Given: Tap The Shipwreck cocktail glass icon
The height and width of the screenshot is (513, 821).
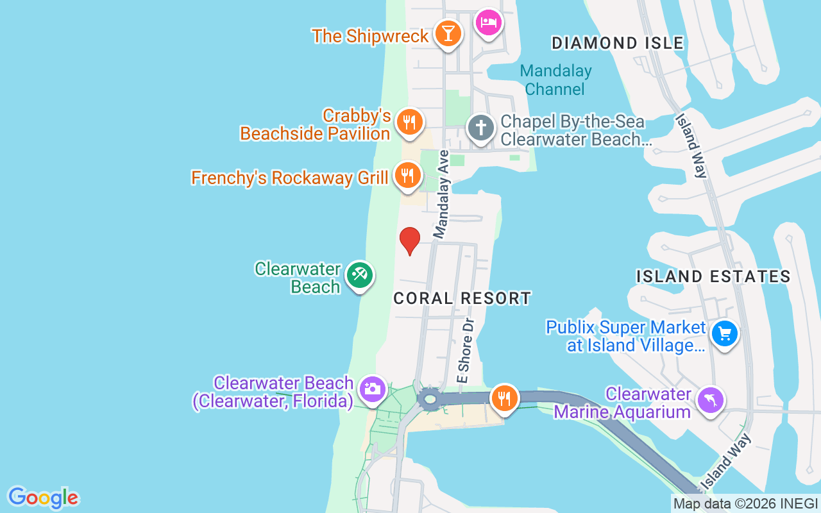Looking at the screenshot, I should click(448, 33).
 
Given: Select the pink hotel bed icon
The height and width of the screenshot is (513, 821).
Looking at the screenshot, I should click(489, 24).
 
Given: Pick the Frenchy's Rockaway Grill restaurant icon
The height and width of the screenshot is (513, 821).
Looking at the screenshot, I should click(407, 175).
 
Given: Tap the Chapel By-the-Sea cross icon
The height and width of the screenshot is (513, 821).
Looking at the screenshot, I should click(480, 127).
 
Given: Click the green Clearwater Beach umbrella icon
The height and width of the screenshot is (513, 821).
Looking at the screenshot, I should click(359, 275).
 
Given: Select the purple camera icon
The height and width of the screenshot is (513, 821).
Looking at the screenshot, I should click(373, 389).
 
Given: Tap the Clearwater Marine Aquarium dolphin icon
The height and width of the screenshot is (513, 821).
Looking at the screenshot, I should click(710, 401).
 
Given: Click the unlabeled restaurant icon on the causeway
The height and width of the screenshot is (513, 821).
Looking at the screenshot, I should click(505, 398).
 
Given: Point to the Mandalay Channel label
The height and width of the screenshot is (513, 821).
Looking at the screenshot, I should click(555, 80).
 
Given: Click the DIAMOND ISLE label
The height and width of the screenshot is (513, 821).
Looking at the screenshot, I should click(618, 44).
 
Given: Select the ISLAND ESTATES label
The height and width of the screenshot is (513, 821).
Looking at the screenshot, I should click(713, 276).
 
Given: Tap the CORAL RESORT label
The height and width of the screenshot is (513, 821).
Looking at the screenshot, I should click(462, 298).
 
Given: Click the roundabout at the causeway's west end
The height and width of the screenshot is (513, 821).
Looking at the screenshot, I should click(429, 400).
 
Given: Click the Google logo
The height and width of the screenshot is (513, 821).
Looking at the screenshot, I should click(43, 498).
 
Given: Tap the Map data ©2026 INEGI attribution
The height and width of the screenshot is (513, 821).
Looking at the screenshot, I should click(745, 504).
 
